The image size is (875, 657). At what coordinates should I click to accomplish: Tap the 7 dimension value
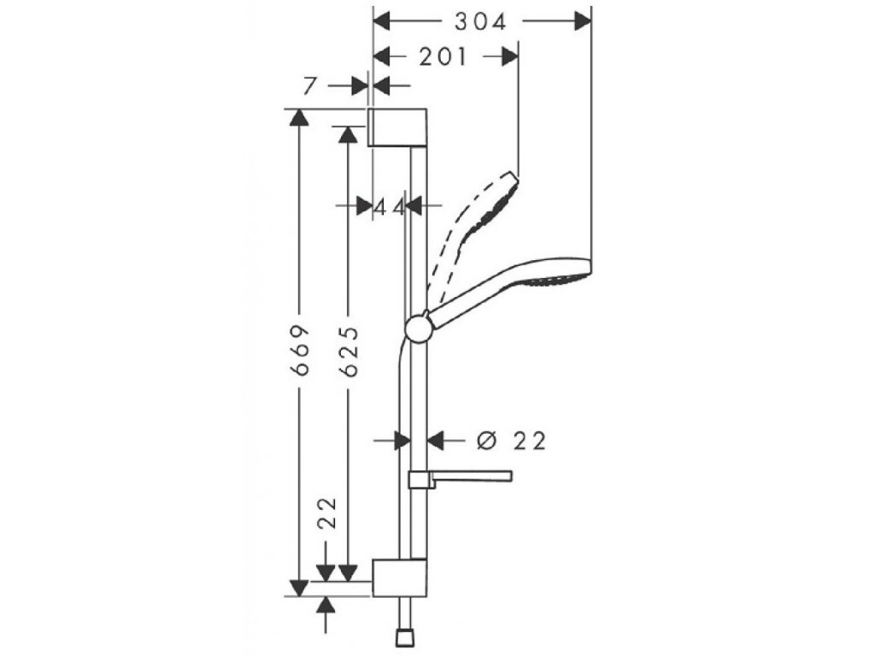coord(311,85)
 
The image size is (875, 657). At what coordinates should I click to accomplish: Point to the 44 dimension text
coord(389,205)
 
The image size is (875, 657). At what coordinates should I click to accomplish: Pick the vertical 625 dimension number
coord(348,352)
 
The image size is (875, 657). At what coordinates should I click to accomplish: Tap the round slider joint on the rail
coord(418,328)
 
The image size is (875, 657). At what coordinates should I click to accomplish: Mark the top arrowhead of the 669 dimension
coord(298,118)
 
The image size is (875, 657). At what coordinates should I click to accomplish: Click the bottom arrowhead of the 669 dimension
coord(298,587)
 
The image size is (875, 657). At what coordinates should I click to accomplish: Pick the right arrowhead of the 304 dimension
coord(583,21)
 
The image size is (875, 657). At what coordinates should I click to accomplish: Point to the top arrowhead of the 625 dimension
coord(348,134)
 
